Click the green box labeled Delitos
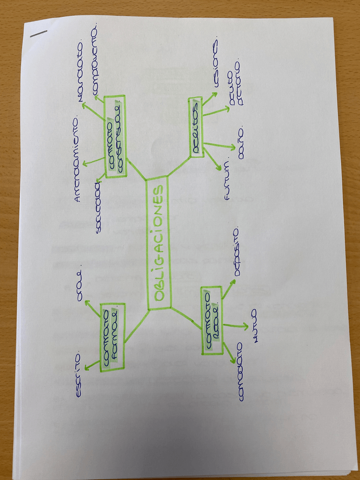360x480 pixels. [196, 126]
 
